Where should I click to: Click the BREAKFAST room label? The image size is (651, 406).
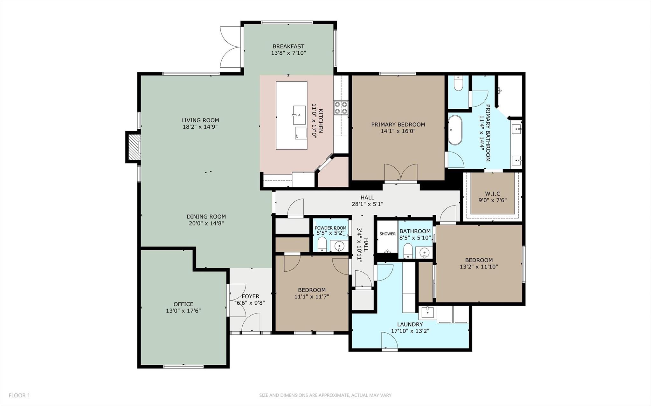pyautogui.click(x=288, y=46)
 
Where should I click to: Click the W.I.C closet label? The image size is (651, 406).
pyautogui.click(x=492, y=193)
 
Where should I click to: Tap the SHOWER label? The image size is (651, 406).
pyautogui.click(x=387, y=234)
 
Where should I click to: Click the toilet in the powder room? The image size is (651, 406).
pyautogui.click(x=322, y=244)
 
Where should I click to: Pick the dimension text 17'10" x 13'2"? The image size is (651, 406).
pyautogui.click(x=410, y=331)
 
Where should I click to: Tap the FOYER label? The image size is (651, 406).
pyautogui.click(x=250, y=296)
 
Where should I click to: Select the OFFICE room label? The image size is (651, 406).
pyautogui.click(x=183, y=304)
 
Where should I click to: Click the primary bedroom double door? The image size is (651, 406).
pyautogui.click(x=401, y=173)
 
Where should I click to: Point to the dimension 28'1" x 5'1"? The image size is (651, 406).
pyautogui.click(x=367, y=204)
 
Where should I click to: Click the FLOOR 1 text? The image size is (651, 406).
pyautogui.click(x=19, y=395)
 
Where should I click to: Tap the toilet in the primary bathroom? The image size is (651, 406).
pyautogui.click(x=458, y=84)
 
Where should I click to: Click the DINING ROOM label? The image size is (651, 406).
pyautogui.click(x=206, y=217)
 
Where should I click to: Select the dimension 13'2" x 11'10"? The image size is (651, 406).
pyautogui.click(x=479, y=267)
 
